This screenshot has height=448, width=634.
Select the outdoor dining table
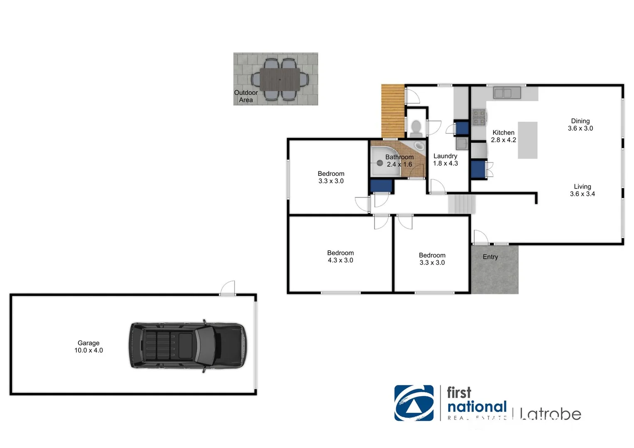[279, 80]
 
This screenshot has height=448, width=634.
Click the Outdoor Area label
[246, 96]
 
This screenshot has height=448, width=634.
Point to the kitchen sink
[507, 93]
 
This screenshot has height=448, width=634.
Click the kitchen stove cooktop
[479, 117]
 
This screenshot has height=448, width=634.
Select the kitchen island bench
[527, 140]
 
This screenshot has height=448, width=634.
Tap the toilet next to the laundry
[416, 129]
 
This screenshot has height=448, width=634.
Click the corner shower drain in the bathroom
[379, 163]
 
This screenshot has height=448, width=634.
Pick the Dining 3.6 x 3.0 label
[580, 125]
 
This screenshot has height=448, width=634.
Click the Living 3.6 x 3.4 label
[582, 190]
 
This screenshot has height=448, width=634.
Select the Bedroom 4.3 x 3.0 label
[340, 256]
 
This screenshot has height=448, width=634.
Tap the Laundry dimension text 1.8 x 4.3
[445, 163]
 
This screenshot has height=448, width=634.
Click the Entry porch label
[490, 257]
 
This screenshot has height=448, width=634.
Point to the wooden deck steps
[393, 111]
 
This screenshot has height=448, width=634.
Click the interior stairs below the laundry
[461, 204]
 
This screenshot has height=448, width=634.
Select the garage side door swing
[228, 288]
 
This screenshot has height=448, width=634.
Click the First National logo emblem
[414, 403]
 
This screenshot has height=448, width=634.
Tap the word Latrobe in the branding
[550, 414]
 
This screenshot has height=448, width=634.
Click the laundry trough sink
[462, 144]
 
